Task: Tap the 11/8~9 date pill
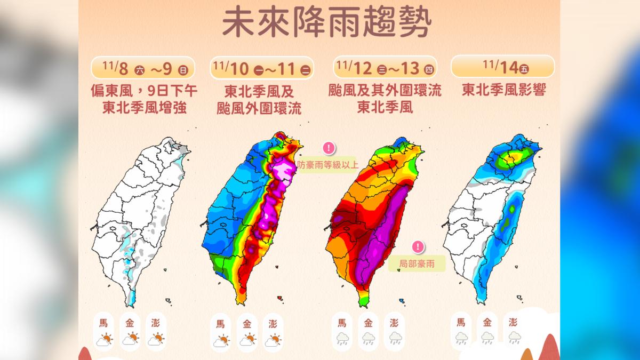tap(143, 68)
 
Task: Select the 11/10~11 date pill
tap(262, 68)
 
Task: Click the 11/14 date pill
tap(502, 67)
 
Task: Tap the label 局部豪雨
tap(417, 263)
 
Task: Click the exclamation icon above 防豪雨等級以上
tap(329, 148)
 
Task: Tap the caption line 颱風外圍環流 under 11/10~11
tap(259, 108)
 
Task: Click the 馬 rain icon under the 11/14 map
tap(461, 337)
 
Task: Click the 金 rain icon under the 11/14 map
tap(487, 337)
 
